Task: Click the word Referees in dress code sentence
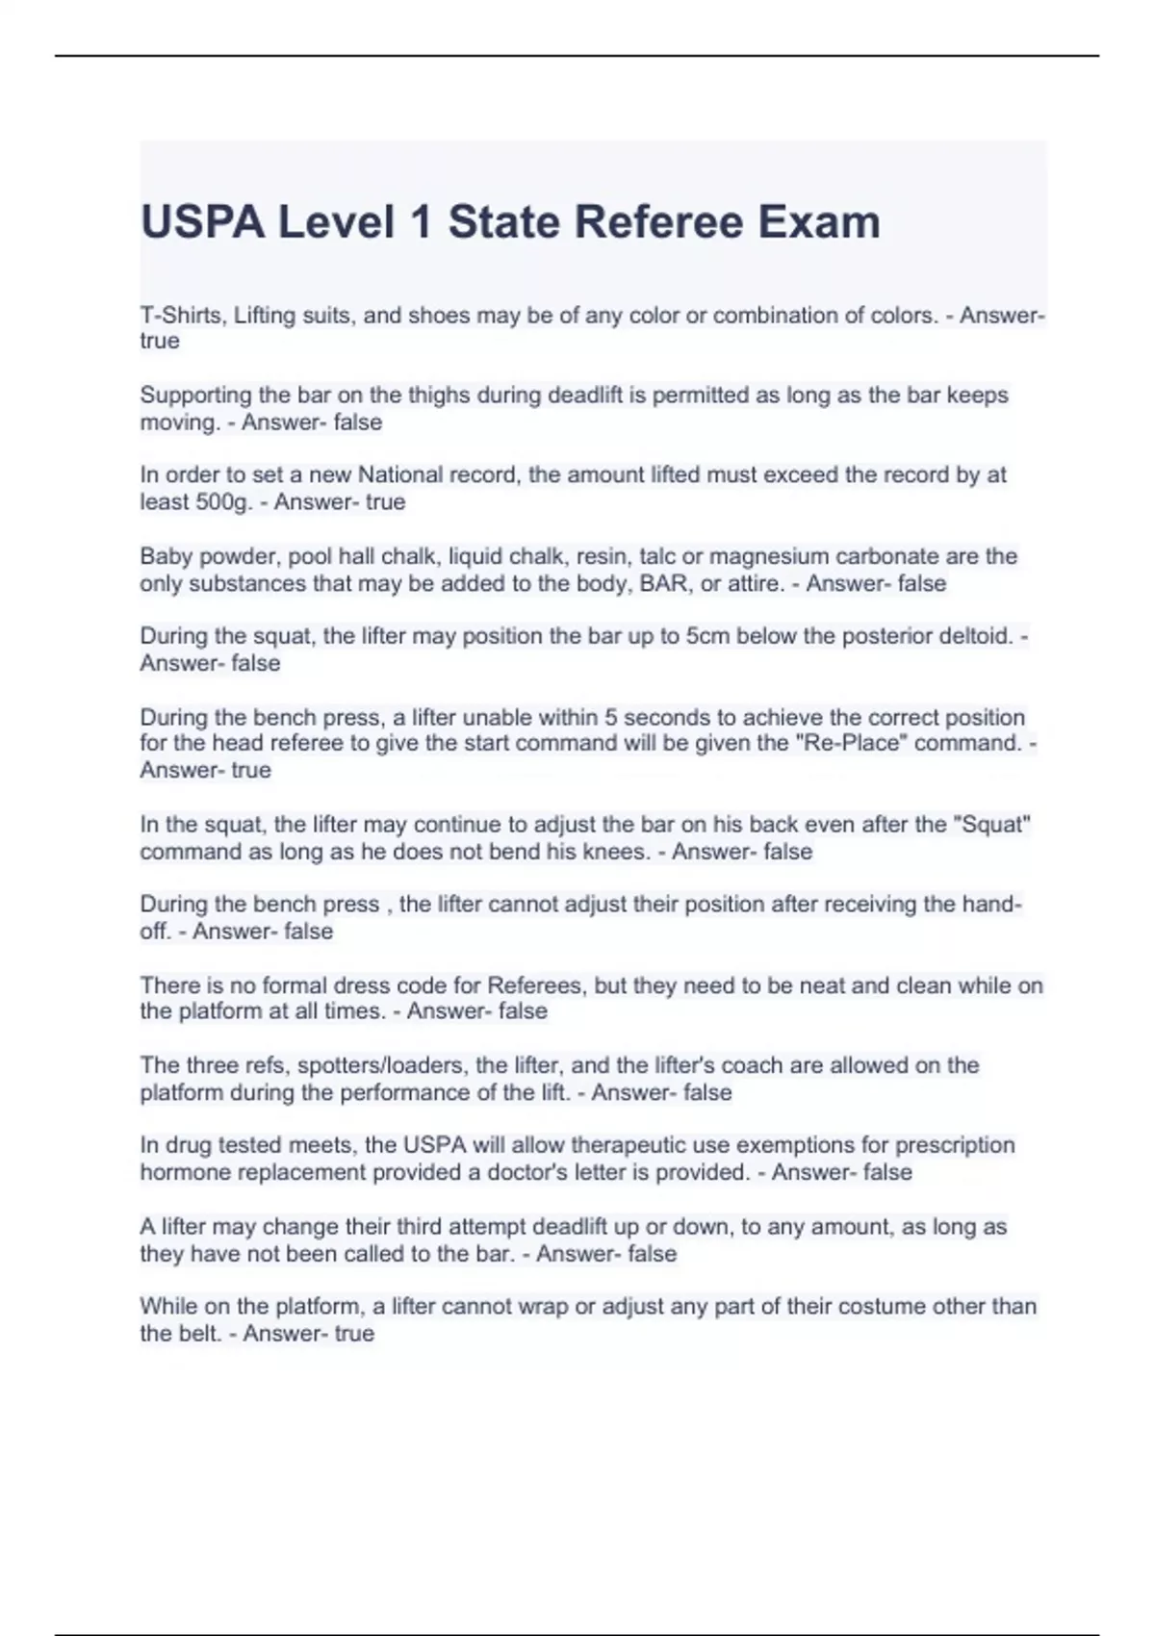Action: pos(535,985)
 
